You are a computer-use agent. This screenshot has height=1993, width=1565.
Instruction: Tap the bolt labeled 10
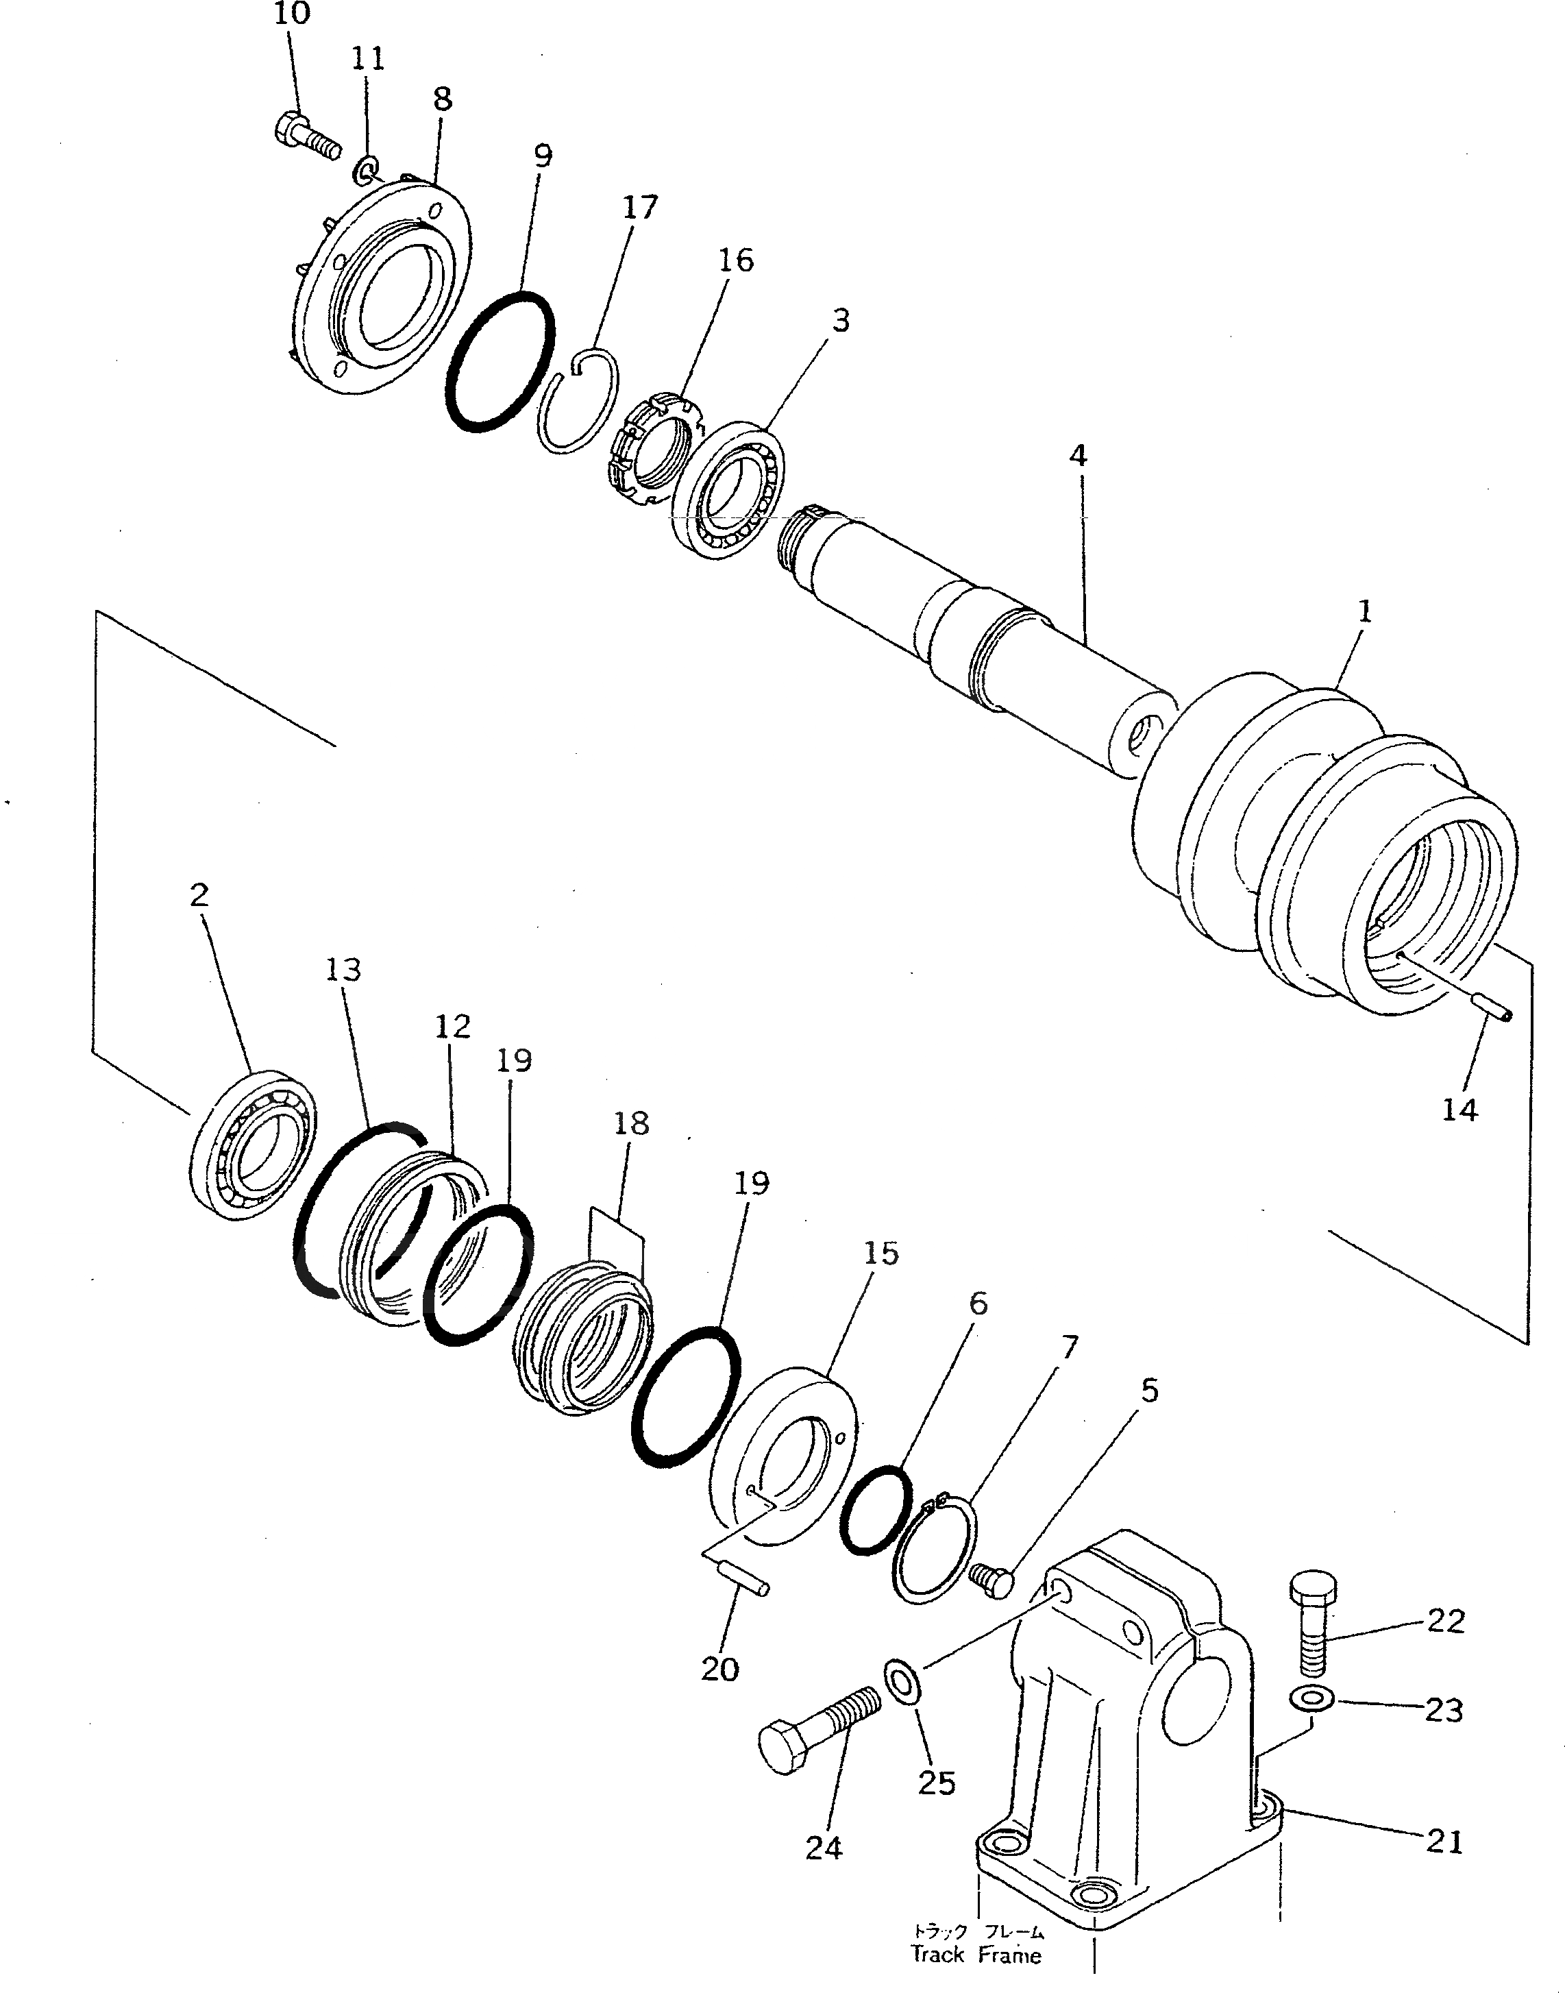305,136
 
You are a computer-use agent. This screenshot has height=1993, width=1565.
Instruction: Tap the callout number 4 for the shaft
1078,455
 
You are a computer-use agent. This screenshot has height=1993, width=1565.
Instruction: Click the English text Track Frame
976,1954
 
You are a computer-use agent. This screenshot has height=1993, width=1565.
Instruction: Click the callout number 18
631,1123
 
